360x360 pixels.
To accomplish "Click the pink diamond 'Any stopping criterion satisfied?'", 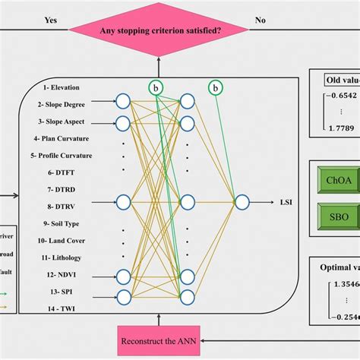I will [x=159, y=31].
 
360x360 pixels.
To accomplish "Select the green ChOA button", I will [x=339, y=180].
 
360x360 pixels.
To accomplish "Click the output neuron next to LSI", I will [x=242, y=202].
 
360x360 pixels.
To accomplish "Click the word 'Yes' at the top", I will [x=52, y=21].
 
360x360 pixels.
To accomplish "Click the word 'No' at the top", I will [x=281, y=21].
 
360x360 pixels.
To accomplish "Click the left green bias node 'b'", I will [x=156, y=89].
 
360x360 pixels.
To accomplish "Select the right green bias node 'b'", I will [x=216, y=89].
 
